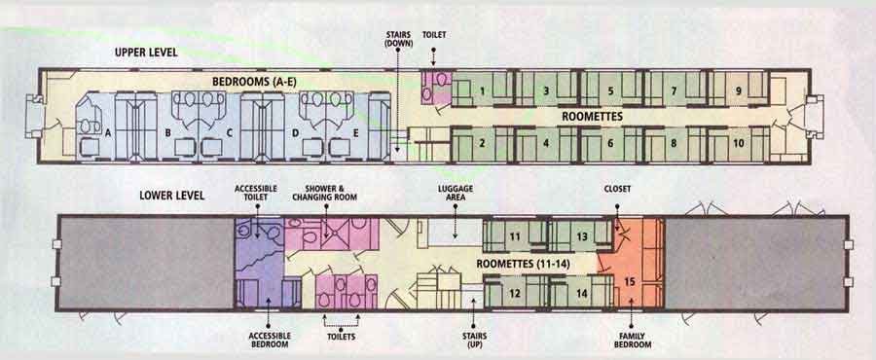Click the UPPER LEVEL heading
click(146, 52)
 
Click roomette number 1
click(482, 91)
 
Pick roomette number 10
click(738, 142)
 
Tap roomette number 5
click(610, 91)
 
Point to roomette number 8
click(674, 142)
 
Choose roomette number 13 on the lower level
click(580, 236)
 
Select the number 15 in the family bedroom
click(630, 281)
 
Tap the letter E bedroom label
click(356, 129)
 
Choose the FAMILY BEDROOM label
click(632, 340)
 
